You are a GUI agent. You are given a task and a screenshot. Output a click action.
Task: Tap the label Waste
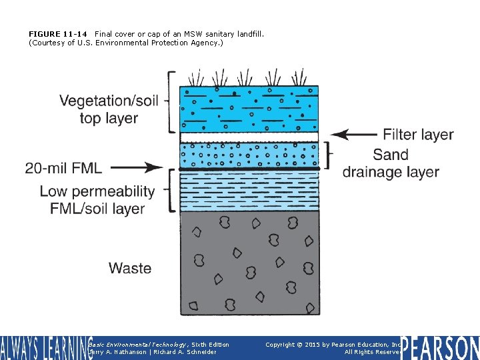click(130, 268)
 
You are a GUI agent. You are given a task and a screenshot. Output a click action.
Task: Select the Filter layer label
click(418, 135)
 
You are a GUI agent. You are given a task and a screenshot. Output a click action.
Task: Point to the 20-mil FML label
click(63, 167)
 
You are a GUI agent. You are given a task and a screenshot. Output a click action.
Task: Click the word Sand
click(390, 155)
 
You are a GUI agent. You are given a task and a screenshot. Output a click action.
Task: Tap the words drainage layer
click(391, 172)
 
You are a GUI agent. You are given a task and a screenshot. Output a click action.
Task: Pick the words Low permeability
click(97, 191)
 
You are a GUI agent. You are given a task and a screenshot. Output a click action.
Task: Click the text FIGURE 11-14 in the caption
click(58, 34)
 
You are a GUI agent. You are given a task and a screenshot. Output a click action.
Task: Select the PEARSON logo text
click(440, 348)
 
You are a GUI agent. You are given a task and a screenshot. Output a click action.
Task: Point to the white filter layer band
click(249, 137)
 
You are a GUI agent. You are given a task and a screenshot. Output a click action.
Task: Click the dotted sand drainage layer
click(249, 155)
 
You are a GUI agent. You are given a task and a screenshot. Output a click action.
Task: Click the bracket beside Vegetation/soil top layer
click(172, 102)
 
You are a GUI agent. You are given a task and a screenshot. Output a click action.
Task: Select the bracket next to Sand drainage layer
click(327, 155)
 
